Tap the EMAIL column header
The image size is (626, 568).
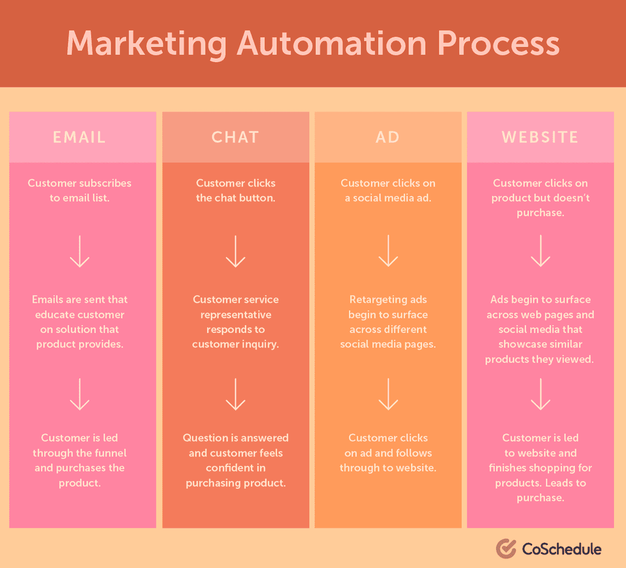pyautogui.click(x=79, y=137)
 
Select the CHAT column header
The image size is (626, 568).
pyautogui.click(x=235, y=137)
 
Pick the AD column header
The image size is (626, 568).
pyautogui.click(x=388, y=137)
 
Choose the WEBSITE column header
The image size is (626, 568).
pyautogui.click(x=540, y=137)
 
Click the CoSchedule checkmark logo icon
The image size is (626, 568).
pyautogui.click(x=505, y=549)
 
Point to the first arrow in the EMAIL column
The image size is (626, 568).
pyautogui.click(x=80, y=251)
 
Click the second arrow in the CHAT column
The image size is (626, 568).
pyautogui.click(x=235, y=394)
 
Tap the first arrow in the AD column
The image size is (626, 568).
pyautogui.click(x=388, y=251)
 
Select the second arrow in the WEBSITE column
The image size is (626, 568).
pyautogui.click(x=540, y=394)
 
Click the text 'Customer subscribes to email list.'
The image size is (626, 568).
pyautogui.click(x=79, y=190)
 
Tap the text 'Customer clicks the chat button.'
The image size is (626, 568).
pyautogui.click(x=235, y=190)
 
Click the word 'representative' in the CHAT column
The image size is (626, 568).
pyautogui.click(x=235, y=315)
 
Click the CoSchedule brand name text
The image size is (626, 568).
pyautogui.click(x=561, y=549)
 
